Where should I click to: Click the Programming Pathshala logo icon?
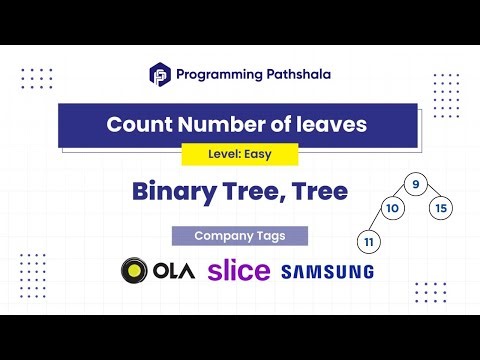coord(160,73)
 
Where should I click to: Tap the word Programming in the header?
coord(216,73)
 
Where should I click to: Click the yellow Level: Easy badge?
coord(240,155)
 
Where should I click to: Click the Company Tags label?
coord(240,236)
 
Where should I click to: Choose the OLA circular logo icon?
coord(134,271)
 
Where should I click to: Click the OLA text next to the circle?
coord(176,271)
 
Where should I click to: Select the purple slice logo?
coord(238,270)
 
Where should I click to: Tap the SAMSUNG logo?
coord(327,271)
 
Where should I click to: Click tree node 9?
coord(413,184)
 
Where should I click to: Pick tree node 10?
coord(393,209)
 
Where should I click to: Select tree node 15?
coord(443,209)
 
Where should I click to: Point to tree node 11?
coord(369,241)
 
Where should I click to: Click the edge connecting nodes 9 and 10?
coord(403,196)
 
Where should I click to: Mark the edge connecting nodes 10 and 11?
coord(381,225)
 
